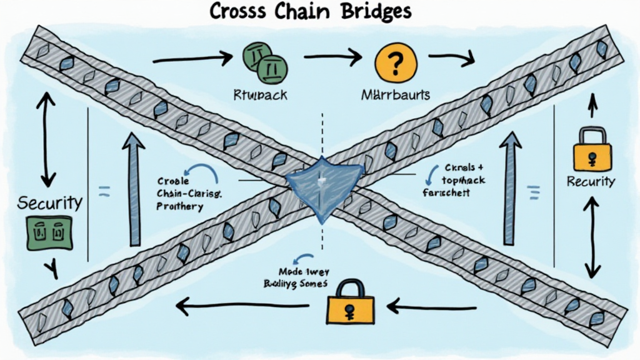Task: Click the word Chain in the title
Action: (x=299, y=12)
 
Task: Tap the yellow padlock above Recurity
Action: (x=590, y=149)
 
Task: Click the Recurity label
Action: (x=591, y=182)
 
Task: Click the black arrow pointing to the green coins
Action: (x=192, y=60)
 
